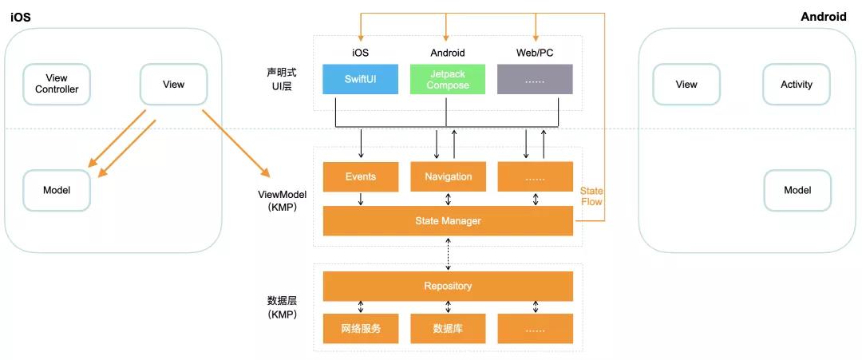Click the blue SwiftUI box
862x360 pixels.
click(x=360, y=80)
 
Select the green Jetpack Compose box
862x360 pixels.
click(x=448, y=80)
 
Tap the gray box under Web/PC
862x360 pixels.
click(x=535, y=80)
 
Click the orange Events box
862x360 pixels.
click(x=360, y=176)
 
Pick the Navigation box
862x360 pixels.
click(x=448, y=176)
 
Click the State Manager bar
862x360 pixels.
click(x=448, y=220)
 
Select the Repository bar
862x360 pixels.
click(x=448, y=286)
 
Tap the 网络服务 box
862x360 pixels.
click(x=360, y=328)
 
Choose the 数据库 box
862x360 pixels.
click(x=448, y=328)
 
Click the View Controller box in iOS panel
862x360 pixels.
click(x=57, y=84)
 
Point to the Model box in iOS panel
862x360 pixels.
click(x=57, y=190)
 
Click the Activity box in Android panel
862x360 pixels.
click(x=797, y=84)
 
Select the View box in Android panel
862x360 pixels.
click(x=686, y=84)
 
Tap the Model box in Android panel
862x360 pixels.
click(x=797, y=190)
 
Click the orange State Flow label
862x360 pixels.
click(x=591, y=196)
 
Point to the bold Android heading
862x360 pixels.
click(x=824, y=17)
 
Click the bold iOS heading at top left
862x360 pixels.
click(x=21, y=17)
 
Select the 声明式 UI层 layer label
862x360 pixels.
click(x=279, y=78)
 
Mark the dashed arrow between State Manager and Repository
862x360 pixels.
click(x=448, y=253)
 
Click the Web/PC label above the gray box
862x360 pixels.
click(x=535, y=53)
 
